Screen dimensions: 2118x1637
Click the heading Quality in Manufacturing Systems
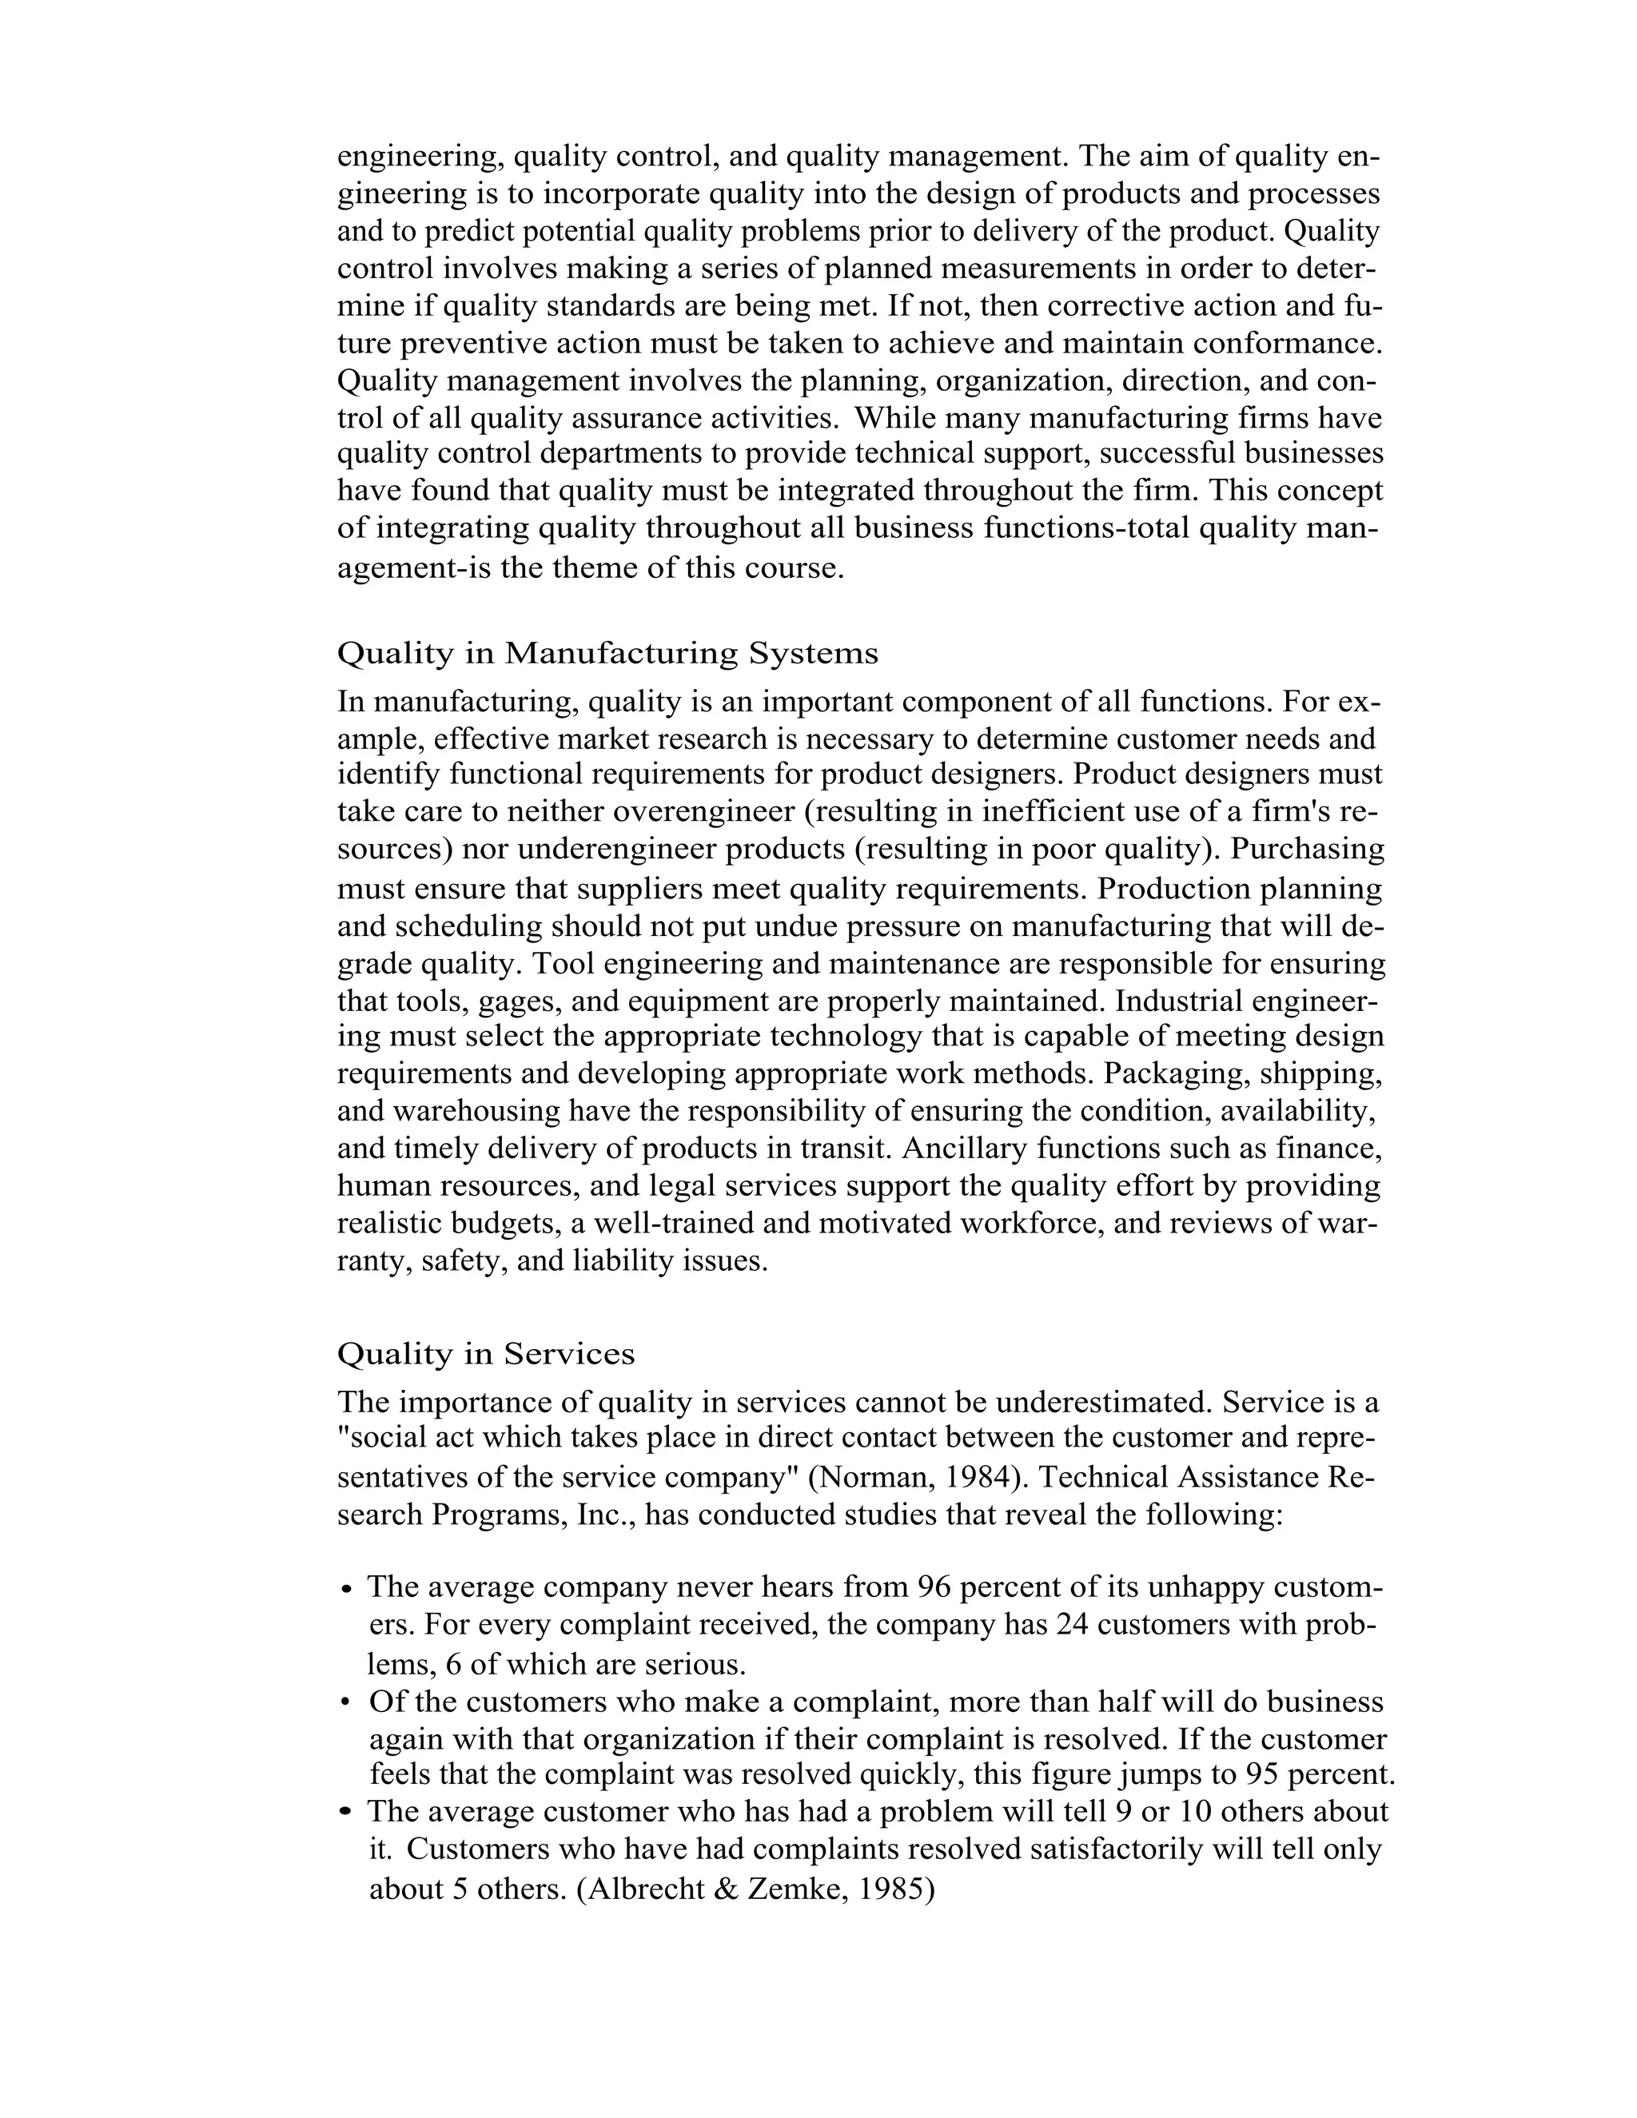pos(607,654)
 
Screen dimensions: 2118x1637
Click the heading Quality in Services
pos(486,1354)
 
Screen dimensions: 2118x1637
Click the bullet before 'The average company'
pos(347,1590)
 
